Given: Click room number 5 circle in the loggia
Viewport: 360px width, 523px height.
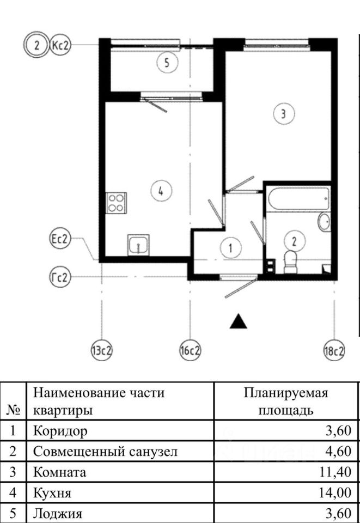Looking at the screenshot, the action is coord(167,63).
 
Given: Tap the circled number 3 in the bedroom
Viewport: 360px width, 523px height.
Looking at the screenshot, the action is coord(284,114).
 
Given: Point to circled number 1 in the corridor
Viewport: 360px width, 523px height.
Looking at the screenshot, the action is coord(231,248).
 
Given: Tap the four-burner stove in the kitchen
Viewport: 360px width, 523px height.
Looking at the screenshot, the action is coord(116,203).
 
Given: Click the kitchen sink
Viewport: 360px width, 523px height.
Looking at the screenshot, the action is coord(138,245).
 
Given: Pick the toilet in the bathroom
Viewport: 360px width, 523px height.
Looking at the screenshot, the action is coord(291,261).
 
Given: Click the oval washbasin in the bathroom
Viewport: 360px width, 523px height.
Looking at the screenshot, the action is coord(324,222).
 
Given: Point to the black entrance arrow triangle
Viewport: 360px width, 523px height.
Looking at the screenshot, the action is coord(238,321).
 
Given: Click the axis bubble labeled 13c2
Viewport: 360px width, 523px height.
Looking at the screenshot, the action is coord(101,351).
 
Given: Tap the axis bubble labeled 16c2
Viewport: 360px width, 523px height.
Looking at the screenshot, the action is coord(190,351).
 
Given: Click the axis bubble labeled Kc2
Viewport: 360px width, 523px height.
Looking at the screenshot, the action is coord(60,46).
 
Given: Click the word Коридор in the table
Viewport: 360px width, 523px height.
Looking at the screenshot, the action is coord(60,431).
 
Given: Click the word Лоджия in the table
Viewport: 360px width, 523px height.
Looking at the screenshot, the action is coord(58,513).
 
